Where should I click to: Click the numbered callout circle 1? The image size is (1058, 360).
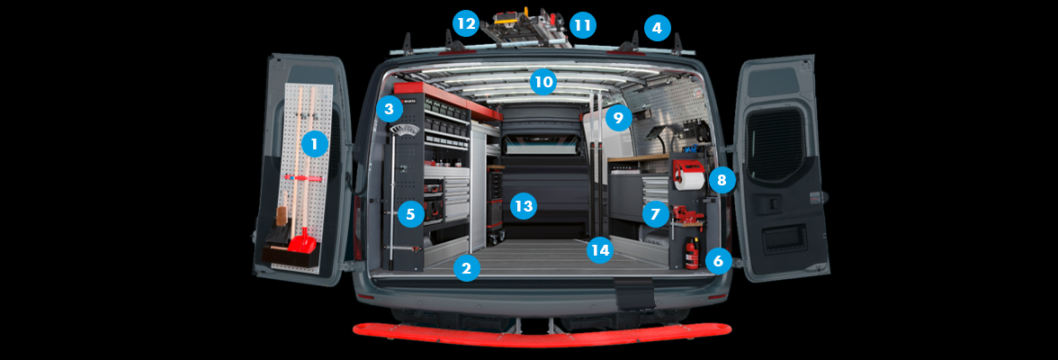point(314,142)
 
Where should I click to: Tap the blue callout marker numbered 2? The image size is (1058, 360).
point(465,267)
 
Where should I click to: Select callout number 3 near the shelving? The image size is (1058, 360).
point(389,110)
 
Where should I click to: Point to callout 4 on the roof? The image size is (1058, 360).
point(657,28)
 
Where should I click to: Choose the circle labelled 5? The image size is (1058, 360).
point(410,214)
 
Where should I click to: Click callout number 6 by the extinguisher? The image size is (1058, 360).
point(716,261)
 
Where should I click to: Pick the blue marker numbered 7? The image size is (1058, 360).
point(655,214)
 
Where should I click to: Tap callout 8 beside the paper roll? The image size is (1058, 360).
point(721,180)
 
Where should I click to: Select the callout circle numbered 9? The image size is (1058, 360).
point(617,117)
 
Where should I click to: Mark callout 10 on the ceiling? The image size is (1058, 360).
point(542,82)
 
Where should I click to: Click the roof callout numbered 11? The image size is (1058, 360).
point(582,24)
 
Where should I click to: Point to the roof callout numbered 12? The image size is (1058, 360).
point(465,23)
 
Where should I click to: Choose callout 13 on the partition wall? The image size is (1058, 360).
point(523,206)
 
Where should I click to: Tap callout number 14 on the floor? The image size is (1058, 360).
point(600,249)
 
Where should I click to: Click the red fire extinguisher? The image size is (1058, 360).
point(691,254)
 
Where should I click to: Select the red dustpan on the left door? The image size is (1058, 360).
point(302,240)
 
